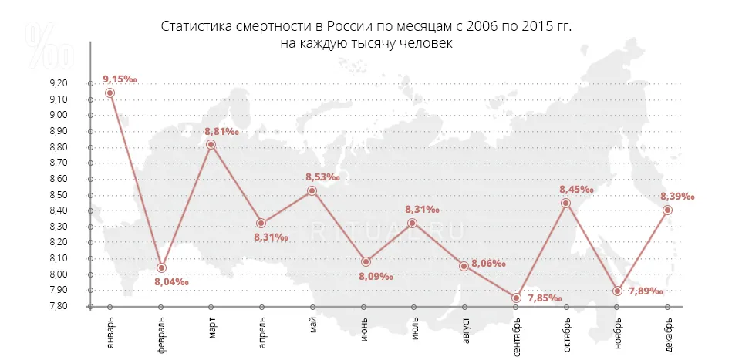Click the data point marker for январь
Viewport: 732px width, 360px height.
click(110, 93)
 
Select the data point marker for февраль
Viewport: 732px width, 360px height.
click(161, 268)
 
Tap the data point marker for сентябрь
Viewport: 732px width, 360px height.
click(517, 298)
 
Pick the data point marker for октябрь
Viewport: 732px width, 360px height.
click(566, 204)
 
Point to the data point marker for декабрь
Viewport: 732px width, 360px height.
click(668, 210)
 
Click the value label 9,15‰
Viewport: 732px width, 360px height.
click(120, 79)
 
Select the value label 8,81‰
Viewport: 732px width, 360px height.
click(221, 131)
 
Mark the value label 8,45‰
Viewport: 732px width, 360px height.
click(577, 189)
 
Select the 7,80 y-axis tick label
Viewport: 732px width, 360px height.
click(59, 306)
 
